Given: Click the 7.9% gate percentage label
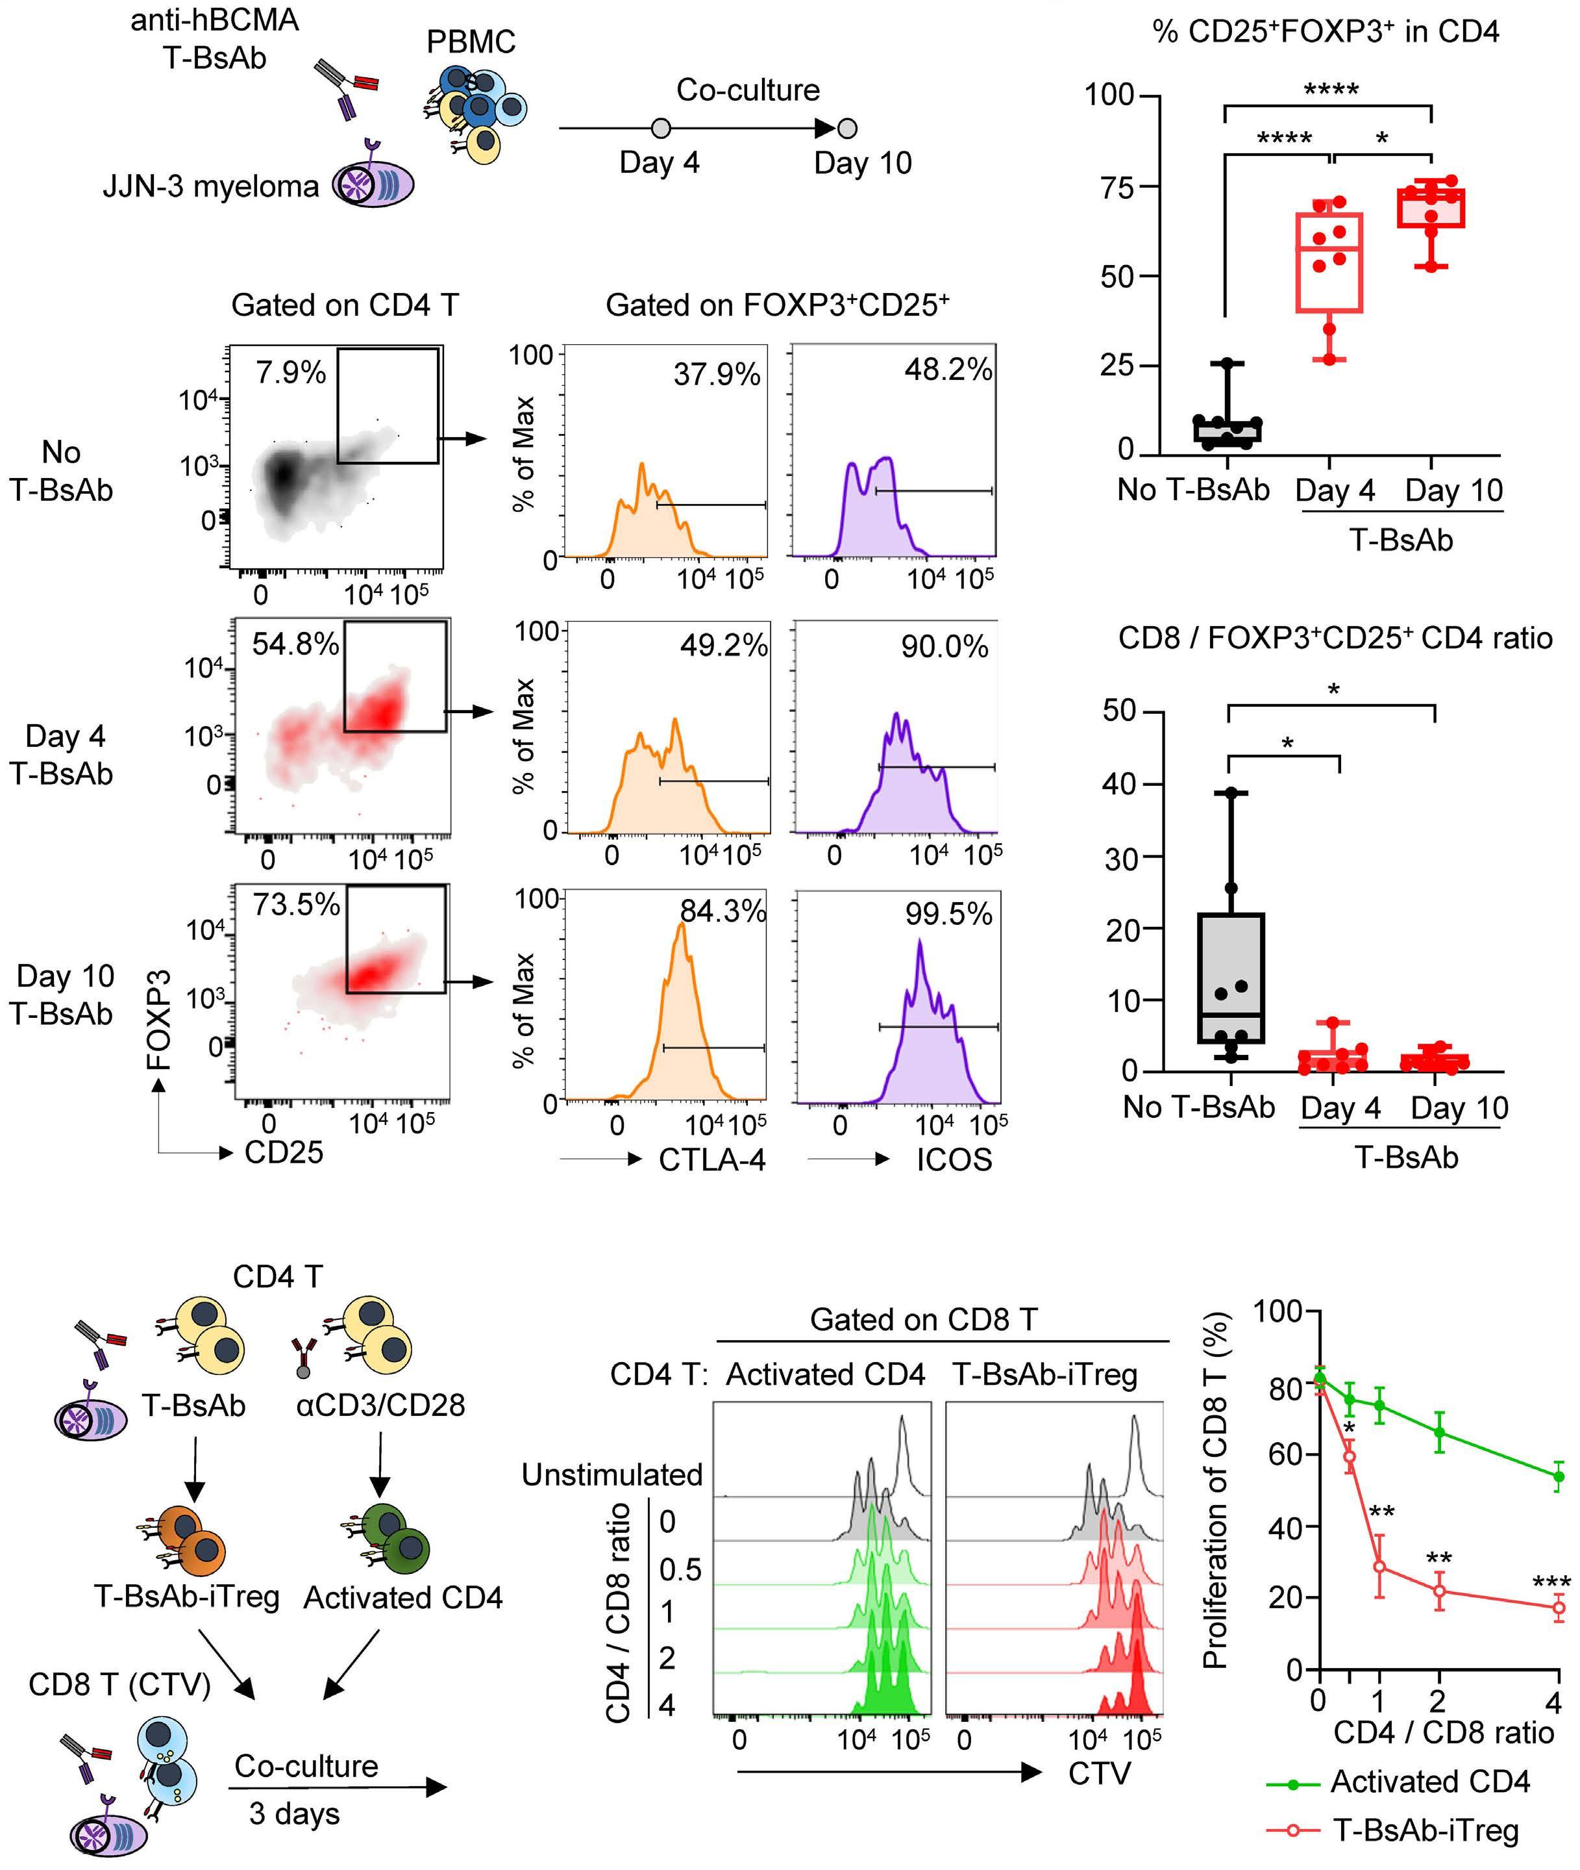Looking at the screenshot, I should (x=290, y=372).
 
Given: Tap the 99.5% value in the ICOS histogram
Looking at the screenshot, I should (x=948, y=914).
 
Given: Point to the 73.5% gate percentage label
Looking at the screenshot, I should (x=295, y=904).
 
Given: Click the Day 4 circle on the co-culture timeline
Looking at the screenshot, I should (x=661, y=128).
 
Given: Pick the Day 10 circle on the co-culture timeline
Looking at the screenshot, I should (x=846, y=128).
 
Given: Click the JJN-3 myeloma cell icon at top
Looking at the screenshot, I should (x=373, y=184).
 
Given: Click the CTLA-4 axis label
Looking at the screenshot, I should (x=712, y=1159).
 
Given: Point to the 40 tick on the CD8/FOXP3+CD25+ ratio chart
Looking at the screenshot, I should (x=1120, y=784).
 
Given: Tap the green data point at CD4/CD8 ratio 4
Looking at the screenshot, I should (x=1559, y=1476).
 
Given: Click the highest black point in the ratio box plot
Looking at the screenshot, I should (x=1231, y=793).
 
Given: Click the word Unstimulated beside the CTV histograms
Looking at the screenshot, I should (x=611, y=1474).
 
